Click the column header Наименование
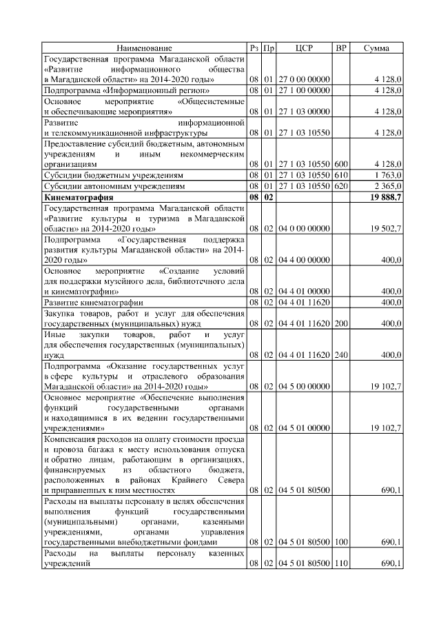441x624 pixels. point(145,48)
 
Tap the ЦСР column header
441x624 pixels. point(304,48)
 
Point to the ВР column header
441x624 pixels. point(340,48)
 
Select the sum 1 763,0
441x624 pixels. point(388,175)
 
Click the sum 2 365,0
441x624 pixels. point(388,186)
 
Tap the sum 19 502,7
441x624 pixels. point(386,228)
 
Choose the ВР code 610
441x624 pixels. point(340,175)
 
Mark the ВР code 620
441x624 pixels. point(340,186)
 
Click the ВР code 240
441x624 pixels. point(340,355)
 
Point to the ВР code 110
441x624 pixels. point(340,565)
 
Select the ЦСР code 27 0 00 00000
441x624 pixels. point(304,79)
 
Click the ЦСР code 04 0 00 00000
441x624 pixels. point(304,228)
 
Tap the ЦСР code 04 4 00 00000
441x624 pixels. point(304,260)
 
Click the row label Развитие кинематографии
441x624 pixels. point(93,303)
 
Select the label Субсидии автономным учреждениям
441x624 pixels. point(114,186)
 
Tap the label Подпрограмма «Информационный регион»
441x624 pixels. point(123,90)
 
